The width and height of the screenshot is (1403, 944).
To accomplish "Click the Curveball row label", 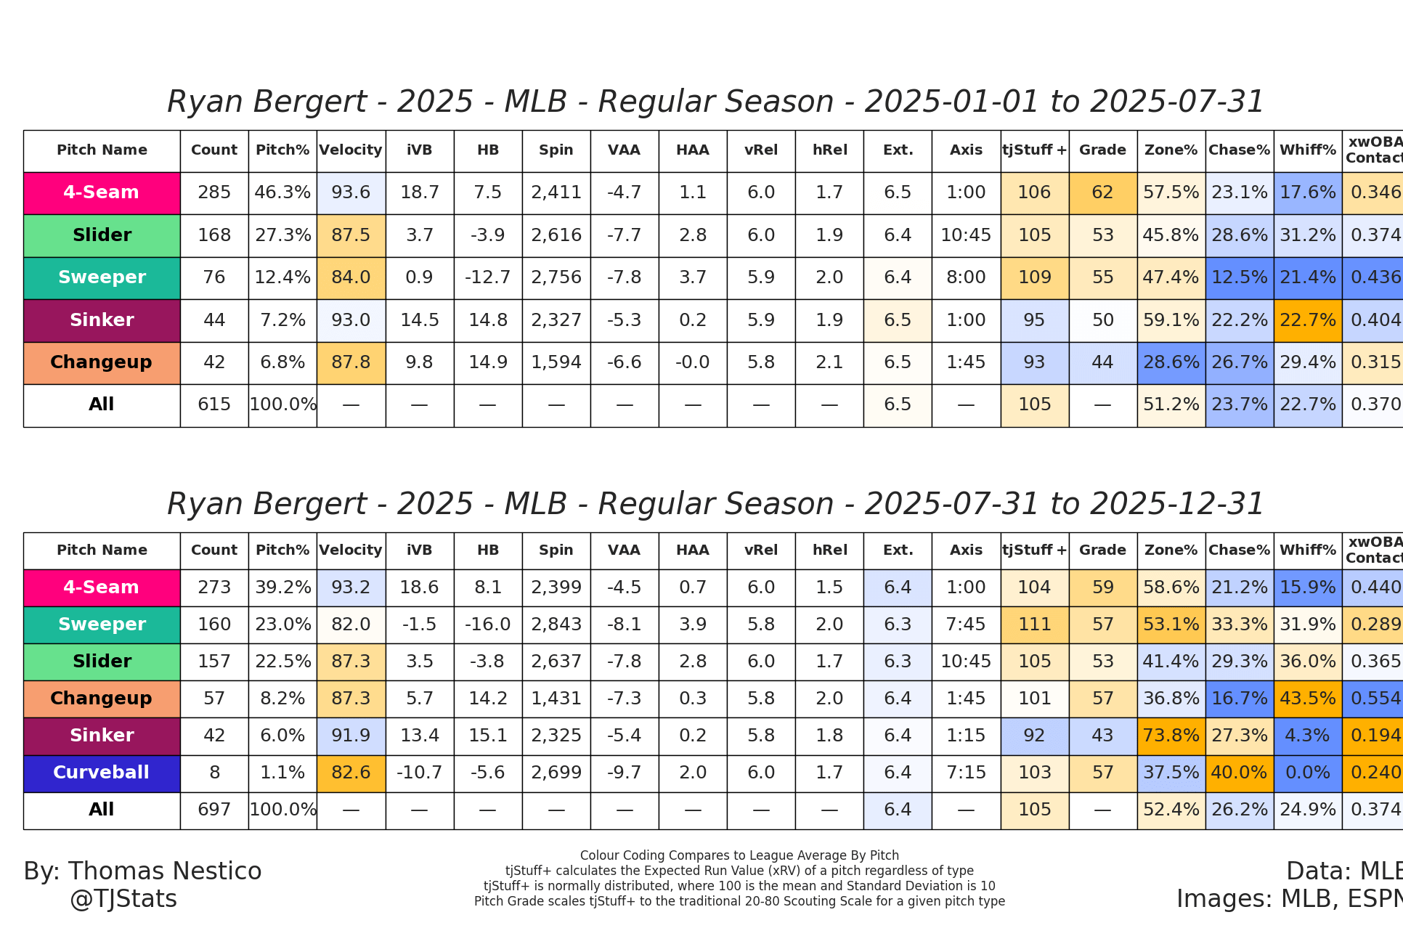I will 102,773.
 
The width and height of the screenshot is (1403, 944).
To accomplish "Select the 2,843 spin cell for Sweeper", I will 556,624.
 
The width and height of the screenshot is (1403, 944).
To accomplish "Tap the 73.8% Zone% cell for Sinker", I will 1171,736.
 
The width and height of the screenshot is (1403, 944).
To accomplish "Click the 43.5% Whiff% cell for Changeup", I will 1307,699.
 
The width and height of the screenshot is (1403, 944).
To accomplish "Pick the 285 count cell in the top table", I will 214,192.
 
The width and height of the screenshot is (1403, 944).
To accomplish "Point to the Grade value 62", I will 1102,192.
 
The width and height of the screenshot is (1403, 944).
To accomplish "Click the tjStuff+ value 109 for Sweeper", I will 1034,277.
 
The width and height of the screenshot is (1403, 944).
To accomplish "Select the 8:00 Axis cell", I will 966,277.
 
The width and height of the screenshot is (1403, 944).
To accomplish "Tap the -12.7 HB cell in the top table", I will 487,277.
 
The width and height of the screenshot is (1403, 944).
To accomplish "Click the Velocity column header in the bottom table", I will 351,550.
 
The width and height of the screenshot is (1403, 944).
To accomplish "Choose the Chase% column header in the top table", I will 1239,150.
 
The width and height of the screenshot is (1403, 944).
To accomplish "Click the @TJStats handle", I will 123,899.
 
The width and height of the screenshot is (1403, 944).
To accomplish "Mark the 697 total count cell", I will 214,810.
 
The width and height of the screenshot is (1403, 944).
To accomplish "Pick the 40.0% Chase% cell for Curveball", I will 1239,773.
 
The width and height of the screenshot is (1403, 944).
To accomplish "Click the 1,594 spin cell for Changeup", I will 556,362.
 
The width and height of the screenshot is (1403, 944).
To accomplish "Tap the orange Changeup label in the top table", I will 102,362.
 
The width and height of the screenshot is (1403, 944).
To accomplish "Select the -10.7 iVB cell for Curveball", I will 419,773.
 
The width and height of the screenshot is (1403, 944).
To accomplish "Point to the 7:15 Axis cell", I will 966,773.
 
